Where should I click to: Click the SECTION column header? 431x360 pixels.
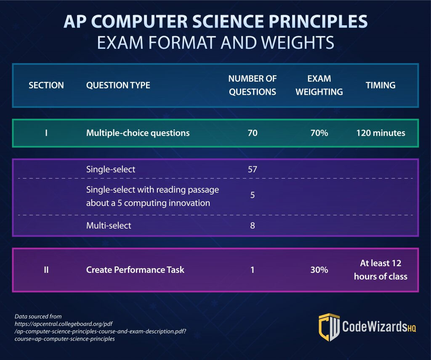tap(46, 85)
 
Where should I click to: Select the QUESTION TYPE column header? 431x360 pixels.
tap(118, 85)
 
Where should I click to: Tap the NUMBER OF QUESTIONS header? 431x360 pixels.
tap(252, 85)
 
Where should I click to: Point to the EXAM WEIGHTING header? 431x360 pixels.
tap(319, 85)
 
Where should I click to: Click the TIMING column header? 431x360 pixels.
tap(380, 85)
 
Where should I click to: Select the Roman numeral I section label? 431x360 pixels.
tap(46, 133)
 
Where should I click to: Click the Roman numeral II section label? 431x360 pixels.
tap(46, 270)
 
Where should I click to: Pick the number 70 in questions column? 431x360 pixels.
tap(252, 133)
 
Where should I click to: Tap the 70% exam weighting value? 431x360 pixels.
tap(319, 133)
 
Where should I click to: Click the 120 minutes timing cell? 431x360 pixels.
tap(380, 133)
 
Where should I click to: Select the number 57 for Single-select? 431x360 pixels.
tap(253, 169)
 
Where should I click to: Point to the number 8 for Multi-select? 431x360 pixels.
tap(253, 226)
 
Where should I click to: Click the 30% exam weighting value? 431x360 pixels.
tap(319, 270)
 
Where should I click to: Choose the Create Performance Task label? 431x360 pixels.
tap(135, 270)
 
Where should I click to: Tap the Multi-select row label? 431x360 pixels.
tap(109, 226)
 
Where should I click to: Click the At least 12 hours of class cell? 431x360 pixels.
tap(380, 270)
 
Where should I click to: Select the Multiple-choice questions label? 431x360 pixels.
tap(138, 133)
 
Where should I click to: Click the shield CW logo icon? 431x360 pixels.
tap(329, 327)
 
